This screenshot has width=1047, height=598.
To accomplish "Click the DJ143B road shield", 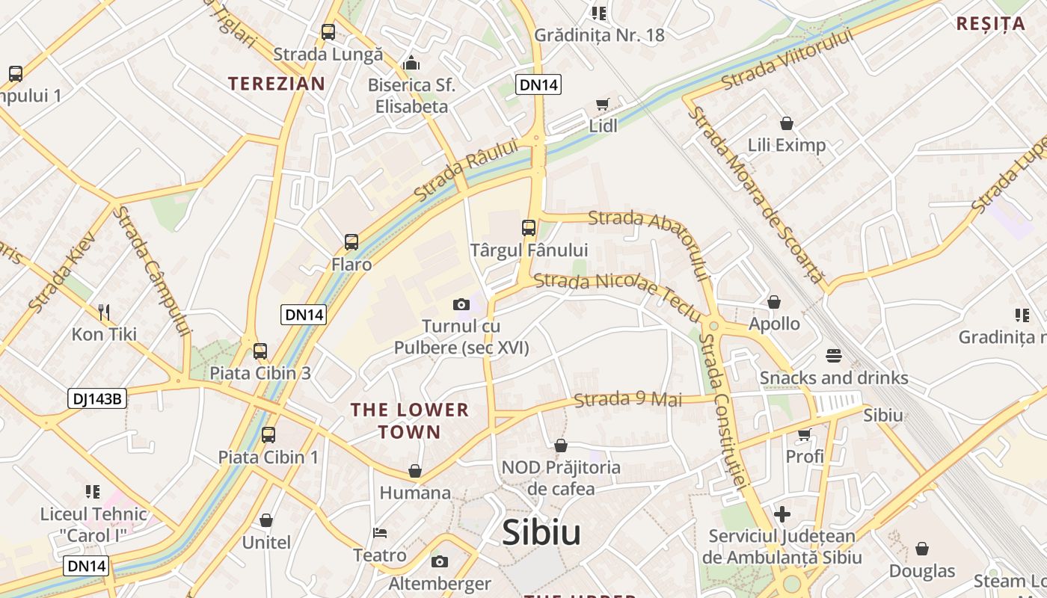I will click(x=96, y=398).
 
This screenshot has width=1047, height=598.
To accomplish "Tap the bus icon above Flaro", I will click(x=351, y=242).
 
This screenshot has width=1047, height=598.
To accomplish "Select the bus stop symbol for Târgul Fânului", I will click(x=529, y=228).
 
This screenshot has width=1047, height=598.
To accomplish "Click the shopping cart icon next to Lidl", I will click(x=602, y=105).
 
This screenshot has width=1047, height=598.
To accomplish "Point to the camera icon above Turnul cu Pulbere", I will click(x=461, y=304).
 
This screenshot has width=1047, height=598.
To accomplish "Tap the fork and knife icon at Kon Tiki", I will click(x=104, y=312).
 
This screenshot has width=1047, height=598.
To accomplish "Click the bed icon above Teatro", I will click(x=380, y=533).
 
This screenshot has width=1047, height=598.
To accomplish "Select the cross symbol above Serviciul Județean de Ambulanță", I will click(x=782, y=514).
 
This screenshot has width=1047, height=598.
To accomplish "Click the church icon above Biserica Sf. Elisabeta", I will click(x=411, y=63).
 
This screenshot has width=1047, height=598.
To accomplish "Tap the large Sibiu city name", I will click(x=541, y=532).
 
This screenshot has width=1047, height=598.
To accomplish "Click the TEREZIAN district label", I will click(x=277, y=84).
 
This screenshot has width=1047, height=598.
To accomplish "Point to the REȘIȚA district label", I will click(x=991, y=24).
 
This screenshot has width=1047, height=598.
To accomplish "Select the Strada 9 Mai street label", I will click(x=628, y=400).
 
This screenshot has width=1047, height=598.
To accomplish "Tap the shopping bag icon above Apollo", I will click(x=774, y=302).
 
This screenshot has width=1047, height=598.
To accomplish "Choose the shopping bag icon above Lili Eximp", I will click(x=786, y=123).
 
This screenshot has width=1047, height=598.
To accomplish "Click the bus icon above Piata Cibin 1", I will click(x=268, y=434).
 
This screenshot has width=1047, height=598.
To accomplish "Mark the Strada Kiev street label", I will click(x=63, y=271).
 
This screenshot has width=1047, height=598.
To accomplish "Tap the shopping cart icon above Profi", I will click(x=805, y=434).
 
